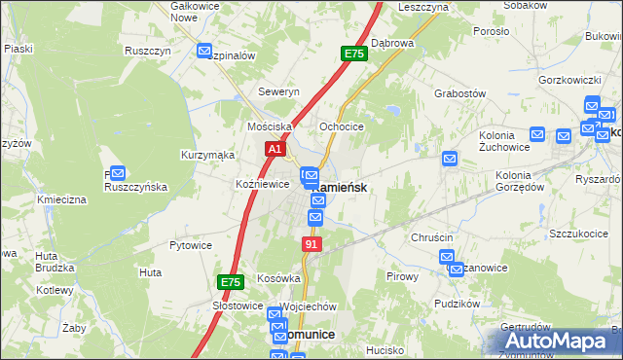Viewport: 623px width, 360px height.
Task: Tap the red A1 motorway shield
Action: (275, 149)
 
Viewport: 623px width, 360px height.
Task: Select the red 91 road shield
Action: (311, 244)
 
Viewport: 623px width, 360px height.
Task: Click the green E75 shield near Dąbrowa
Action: (354, 54)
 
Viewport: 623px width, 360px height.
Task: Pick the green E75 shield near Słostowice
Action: (230, 282)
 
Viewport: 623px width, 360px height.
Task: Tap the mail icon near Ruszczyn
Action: (204, 52)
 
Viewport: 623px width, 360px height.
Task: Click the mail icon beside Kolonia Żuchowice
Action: (450, 158)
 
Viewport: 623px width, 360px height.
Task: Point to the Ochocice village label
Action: (342, 126)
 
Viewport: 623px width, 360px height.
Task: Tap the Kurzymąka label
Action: (207, 155)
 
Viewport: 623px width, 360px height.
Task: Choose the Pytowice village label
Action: (191, 245)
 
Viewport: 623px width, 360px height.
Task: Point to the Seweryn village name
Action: (278, 91)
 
